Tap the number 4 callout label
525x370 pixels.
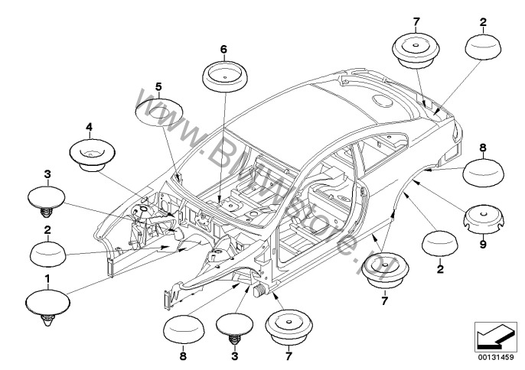pyautogui.click(x=89, y=125)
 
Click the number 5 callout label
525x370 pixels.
pyautogui.click(x=158, y=87)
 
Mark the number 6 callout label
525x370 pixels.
pyautogui.click(x=223, y=49)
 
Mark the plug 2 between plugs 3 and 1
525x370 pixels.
pyautogui.click(x=49, y=252)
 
